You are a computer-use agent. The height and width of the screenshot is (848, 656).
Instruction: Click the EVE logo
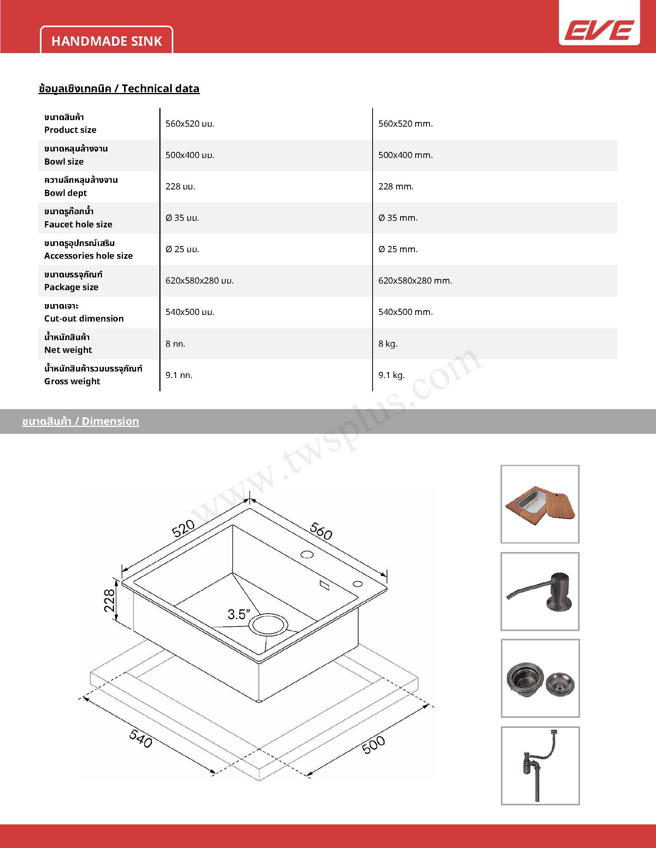click(599, 30)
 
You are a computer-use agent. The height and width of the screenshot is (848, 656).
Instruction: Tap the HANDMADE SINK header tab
click(107, 41)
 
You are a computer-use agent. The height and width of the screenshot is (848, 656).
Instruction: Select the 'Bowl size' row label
click(64, 162)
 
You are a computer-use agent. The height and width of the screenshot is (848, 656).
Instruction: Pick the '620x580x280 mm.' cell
click(415, 281)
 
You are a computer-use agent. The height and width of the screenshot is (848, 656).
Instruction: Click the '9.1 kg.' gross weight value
click(391, 375)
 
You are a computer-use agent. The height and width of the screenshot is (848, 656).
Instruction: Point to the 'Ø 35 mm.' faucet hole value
click(398, 218)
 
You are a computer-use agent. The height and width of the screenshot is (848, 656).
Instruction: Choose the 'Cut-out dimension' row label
click(84, 318)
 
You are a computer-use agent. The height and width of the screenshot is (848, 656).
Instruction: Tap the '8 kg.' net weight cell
click(388, 344)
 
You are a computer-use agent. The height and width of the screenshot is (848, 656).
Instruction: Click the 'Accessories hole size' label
click(89, 256)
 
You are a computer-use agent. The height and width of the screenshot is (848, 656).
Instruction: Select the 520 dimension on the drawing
click(183, 529)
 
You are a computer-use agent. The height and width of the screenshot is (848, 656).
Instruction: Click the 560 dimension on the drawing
click(321, 531)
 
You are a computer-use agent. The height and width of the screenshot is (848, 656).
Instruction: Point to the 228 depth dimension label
click(110, 600)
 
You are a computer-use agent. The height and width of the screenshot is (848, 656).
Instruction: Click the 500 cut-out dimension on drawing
click(373, 745)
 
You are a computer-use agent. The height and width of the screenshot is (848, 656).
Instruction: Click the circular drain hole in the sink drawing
click(268, 625)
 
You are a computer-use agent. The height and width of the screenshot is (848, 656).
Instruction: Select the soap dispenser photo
click(540, 591)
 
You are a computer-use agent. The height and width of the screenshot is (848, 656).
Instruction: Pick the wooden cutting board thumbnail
click(540, 504)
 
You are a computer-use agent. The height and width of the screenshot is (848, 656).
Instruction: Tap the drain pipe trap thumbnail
click(540, 765)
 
